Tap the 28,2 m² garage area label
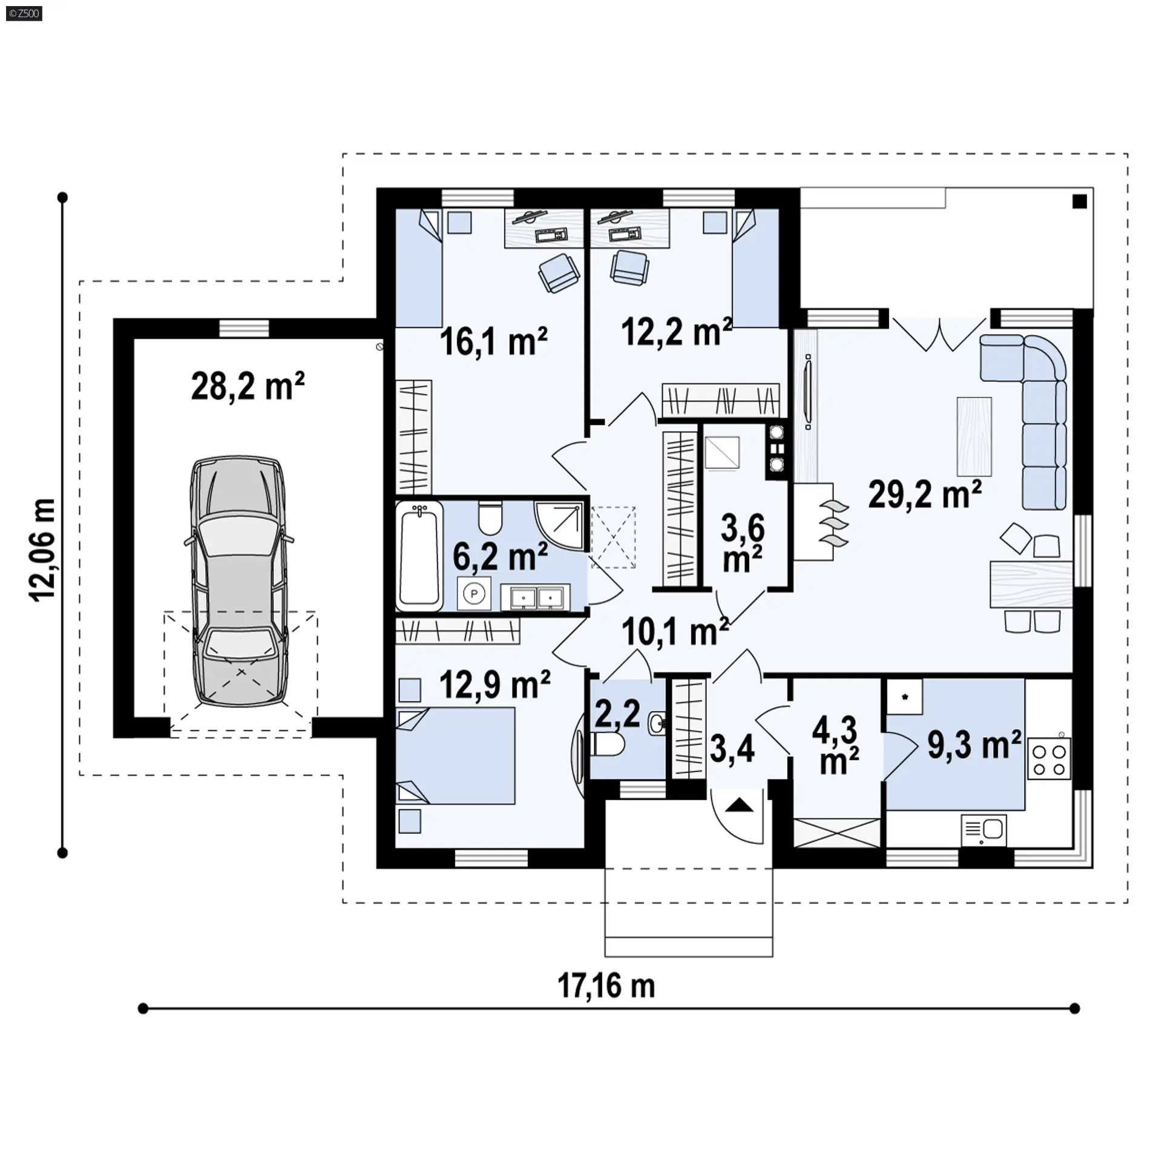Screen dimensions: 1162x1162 248,386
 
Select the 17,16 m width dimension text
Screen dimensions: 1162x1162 606,986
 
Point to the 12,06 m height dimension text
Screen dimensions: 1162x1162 43,550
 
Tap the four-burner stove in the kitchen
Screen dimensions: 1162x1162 1049,759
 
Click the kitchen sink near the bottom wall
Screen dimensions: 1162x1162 983,830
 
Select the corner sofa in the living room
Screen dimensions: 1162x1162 1032,412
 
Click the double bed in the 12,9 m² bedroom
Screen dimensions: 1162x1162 455,756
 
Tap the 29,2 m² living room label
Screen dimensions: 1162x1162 925,494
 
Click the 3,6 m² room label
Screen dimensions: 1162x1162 743,543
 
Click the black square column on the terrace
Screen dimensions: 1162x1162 1080,202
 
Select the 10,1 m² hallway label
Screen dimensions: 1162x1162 675,632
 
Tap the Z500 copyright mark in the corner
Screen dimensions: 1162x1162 24,13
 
